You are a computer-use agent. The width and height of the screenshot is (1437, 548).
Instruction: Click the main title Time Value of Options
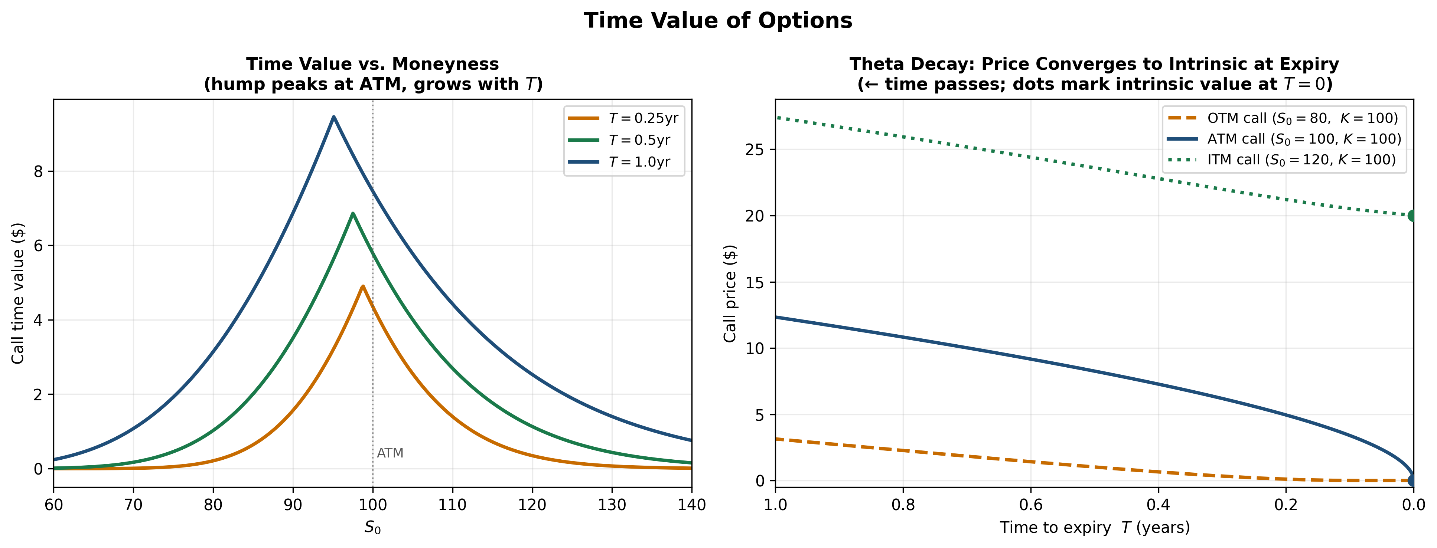(718, 21)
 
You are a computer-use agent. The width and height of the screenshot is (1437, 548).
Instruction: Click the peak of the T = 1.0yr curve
(333, 117)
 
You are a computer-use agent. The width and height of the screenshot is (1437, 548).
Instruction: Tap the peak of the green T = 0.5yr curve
(352, 213)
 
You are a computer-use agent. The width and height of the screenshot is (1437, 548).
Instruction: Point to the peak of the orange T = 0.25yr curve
(363, 286)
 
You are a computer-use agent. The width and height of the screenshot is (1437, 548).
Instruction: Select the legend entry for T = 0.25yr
(624, 118)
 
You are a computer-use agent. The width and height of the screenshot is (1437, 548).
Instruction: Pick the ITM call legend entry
(1283, 160)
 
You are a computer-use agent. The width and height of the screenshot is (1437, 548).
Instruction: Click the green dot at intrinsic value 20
(1412, 216)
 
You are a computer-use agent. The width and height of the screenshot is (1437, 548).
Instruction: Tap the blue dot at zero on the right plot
(1412, 480)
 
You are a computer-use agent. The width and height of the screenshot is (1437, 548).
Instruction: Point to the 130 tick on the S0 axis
(612, 505)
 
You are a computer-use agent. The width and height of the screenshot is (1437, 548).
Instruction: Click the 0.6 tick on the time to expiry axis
(1030, 505)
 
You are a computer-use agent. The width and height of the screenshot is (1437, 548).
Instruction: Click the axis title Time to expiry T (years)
(1095, 527)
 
